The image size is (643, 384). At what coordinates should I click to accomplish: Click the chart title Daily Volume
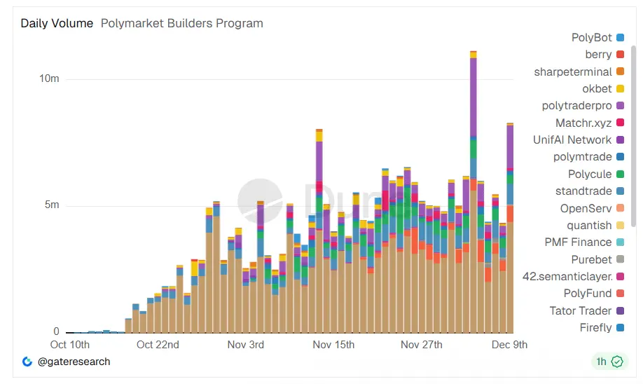point(57,23)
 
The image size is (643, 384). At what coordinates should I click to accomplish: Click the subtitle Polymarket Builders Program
point(182,23)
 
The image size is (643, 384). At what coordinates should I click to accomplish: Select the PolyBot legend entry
point(592,38)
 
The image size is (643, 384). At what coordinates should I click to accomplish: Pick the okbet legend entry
point(597,89)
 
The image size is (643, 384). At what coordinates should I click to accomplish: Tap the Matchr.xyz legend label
point(583,123)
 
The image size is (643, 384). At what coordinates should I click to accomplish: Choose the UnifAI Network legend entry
point(572,140)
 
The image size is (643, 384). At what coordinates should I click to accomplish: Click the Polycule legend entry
point(590,174)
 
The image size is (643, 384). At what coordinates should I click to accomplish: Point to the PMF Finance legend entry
point(578,242)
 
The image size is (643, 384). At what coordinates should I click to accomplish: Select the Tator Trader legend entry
point(581,310)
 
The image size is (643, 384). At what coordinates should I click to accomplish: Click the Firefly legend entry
point(595,328)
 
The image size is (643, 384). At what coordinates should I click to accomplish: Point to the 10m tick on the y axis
point(49,79)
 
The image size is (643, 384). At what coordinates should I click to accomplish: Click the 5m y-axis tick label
point(52,205)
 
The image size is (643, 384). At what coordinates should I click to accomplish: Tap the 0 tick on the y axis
point(56,332)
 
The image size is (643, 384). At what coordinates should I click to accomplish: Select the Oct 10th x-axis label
point(70,345)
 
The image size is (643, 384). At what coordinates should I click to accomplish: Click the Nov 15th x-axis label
point(333,345)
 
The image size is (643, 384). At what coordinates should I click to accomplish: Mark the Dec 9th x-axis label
point(509,345)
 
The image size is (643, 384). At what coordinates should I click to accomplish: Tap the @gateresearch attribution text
point(73,362)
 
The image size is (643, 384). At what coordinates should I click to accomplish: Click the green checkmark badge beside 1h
point(617,362)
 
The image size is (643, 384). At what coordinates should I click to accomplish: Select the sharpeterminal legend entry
point(573,72)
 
